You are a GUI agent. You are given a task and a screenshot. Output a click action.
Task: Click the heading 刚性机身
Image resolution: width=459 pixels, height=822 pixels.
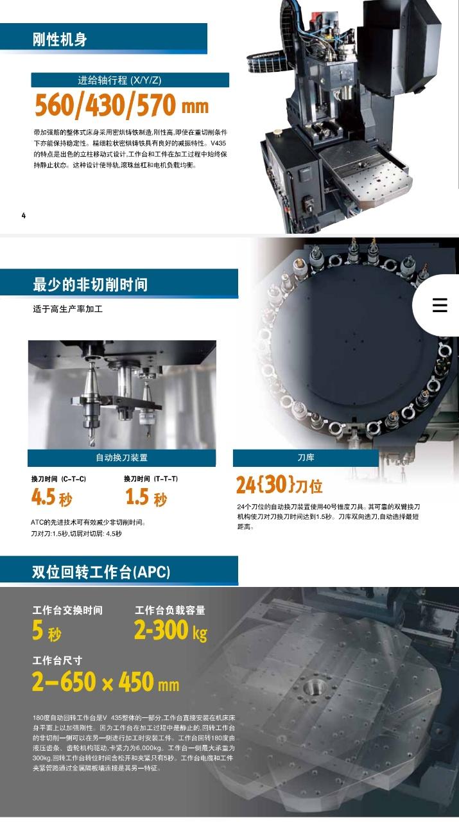pyautogui.click(x=60, y=40)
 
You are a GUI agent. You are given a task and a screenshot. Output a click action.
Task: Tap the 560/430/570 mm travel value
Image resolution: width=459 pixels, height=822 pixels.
pyautogui.click(x=121, y=105)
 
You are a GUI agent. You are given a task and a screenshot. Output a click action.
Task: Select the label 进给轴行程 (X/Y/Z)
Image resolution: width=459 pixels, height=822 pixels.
pyautogui.click(x=120, y=80)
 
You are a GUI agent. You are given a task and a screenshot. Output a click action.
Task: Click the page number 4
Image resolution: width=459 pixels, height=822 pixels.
pyautogui.click(x=24, y=215)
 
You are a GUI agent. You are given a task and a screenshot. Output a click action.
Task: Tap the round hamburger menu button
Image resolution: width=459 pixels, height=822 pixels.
pyautogui.click(x=440, y=306)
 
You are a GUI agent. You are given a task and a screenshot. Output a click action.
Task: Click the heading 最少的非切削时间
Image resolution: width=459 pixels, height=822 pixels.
pyautogui.click(x=90, y=284)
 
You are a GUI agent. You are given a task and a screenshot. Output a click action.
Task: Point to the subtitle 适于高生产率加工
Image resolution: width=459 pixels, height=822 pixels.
pyautogui.click(x=67, y=309)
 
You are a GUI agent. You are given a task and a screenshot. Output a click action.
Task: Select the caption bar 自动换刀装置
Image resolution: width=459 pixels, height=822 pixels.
pyautogui.click(x=122, y=458)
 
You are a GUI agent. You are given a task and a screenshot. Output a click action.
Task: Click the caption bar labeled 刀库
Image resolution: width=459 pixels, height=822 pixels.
pyautogui.click(x=306, y=458)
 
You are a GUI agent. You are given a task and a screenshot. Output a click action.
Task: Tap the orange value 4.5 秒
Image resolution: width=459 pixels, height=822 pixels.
pyautogui.click(x=52, y=497)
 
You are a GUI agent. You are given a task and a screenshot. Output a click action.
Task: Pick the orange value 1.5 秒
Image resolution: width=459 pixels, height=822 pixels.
pyautogui.click(x=146, y=497)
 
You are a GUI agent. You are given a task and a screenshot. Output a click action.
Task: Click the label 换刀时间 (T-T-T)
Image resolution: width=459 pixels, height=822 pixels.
pyautogui.click(x=151, y=479)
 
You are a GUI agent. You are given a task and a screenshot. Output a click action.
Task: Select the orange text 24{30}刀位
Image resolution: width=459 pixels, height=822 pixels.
pyautogui.click(x=279, y=485)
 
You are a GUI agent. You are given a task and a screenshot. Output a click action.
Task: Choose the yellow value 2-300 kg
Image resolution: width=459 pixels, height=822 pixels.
pyautogui.click(x=171, y=632)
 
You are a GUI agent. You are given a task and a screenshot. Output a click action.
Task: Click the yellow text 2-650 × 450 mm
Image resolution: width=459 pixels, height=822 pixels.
pyautogui.click(x=106, y=683)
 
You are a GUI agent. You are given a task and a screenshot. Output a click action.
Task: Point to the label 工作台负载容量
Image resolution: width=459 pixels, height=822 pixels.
pyautogui.click(x=170, y=611)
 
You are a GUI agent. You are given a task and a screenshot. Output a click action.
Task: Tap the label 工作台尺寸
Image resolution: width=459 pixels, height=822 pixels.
pyautogui.click(x=58, y=661)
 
